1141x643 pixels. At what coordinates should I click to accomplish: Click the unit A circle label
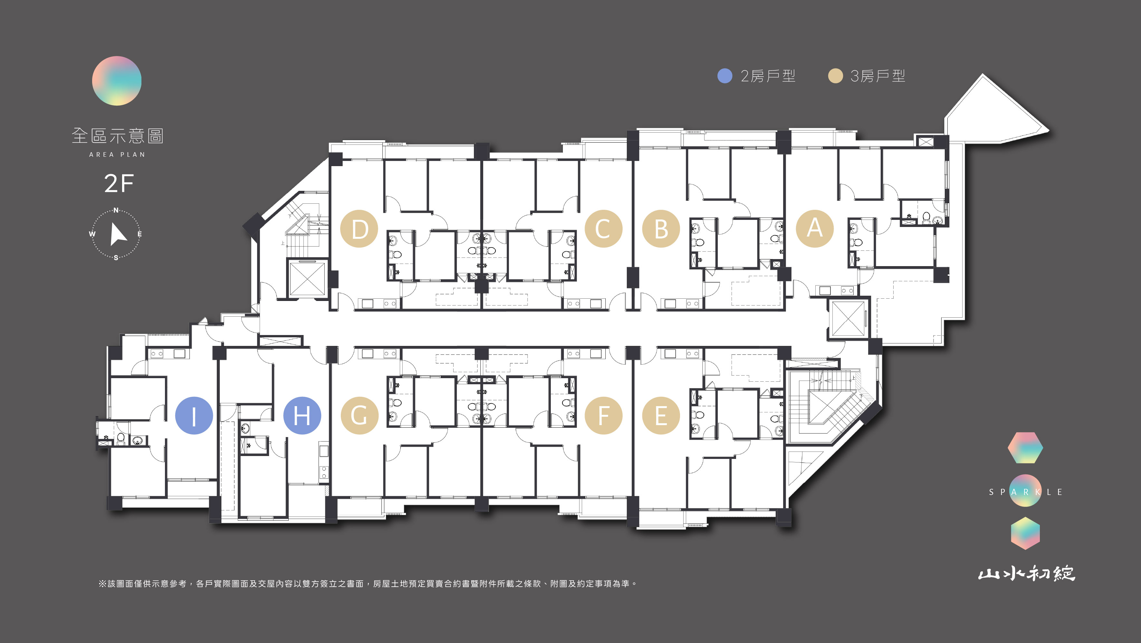(815, 228)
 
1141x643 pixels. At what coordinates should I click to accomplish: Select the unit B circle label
(661, 229)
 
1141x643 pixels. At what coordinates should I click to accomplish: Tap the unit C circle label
(603, 229)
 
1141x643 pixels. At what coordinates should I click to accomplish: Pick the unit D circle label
(359, 229)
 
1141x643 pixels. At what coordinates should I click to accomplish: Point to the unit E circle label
(661, 415)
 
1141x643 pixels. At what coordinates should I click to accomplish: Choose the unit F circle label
(603, 415)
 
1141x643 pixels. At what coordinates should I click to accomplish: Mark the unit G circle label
(359, 415)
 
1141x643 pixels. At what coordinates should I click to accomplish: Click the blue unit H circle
(302, 415)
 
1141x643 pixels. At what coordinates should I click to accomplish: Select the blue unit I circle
(194, 415)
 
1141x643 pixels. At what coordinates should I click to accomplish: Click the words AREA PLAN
(117, 154)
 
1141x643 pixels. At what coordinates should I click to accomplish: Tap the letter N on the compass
(116, 210)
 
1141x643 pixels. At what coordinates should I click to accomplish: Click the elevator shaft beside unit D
(307, 278)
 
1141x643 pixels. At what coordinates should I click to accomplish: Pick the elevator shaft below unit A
(849, 319)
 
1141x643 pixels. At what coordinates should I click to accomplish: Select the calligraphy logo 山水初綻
(1027, 573)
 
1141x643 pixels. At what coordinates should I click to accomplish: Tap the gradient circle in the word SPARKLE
(1025, 491)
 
